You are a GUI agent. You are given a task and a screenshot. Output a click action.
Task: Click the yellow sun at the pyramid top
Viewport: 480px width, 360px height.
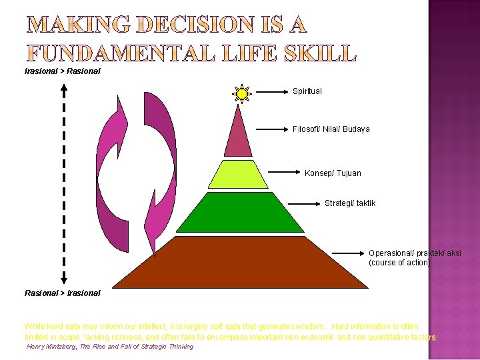point(242,94)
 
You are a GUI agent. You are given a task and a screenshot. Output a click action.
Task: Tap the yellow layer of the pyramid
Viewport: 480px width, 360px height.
point(237,175)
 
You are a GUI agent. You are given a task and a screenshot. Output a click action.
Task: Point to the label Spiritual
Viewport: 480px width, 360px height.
point(307,91)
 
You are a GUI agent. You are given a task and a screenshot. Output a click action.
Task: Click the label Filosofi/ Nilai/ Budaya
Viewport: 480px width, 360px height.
point(331,129)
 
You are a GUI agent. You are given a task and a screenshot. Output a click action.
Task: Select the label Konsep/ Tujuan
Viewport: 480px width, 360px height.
point(333,173)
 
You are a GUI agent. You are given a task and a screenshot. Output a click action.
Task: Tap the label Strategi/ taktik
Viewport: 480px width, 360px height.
point(350,203)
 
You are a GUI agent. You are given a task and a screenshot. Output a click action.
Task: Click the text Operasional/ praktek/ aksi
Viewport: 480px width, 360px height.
point(415,253)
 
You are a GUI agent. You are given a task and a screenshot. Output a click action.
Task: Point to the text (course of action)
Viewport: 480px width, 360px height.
point(399,263)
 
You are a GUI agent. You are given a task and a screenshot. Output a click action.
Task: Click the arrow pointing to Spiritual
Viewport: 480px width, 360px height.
point(270,91)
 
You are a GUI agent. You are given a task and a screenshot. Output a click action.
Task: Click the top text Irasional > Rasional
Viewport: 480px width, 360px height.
point(62,71)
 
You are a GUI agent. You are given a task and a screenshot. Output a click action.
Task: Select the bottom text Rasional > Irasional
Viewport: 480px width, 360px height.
point(62,293)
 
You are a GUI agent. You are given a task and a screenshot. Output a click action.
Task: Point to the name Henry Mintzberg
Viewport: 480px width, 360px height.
point(51,347)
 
